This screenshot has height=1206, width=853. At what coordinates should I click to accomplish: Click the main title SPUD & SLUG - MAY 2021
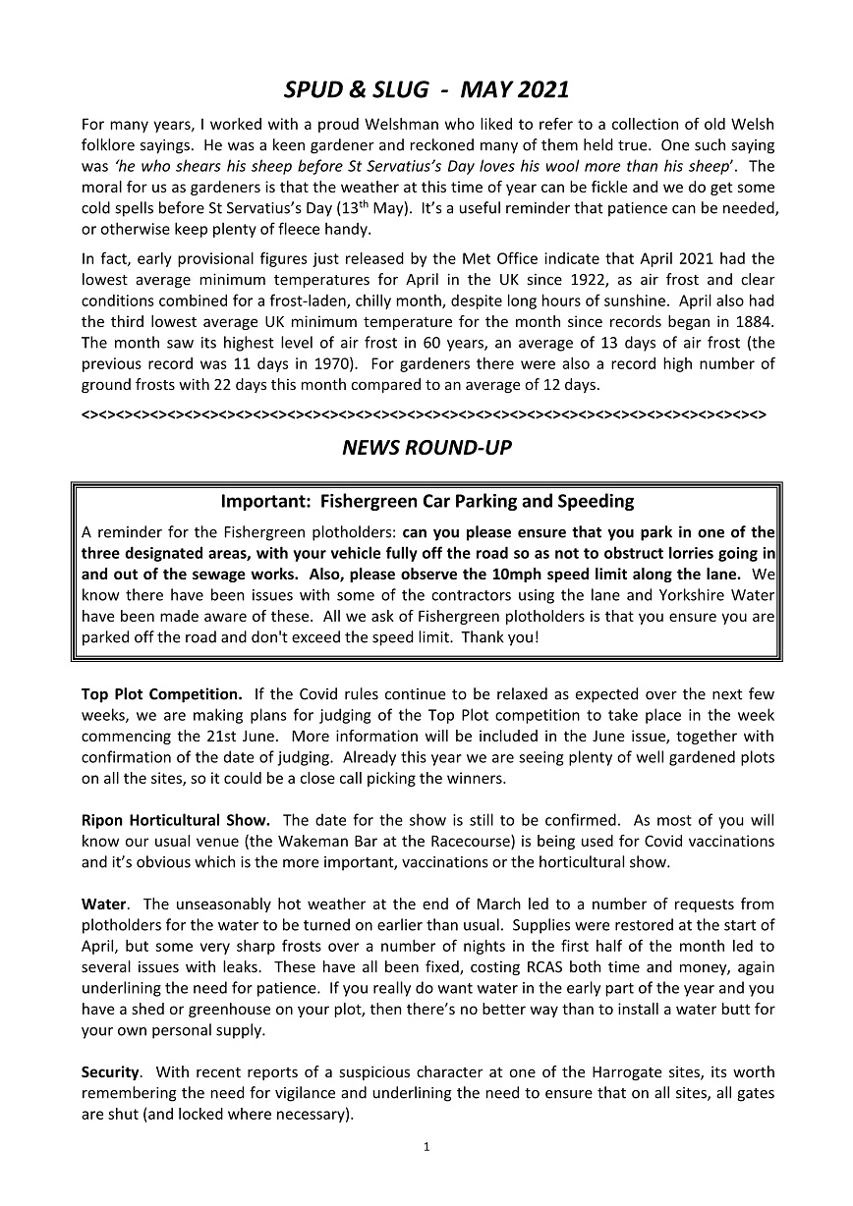pos(426,89)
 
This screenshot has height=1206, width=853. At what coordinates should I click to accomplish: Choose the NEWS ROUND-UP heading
pos(426,449)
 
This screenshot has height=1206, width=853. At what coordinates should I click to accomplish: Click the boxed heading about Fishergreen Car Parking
pos(426,502)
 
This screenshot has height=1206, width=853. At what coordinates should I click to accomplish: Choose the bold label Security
pos(113,1071)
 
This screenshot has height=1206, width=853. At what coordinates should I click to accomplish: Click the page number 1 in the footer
pos(426,1146)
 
